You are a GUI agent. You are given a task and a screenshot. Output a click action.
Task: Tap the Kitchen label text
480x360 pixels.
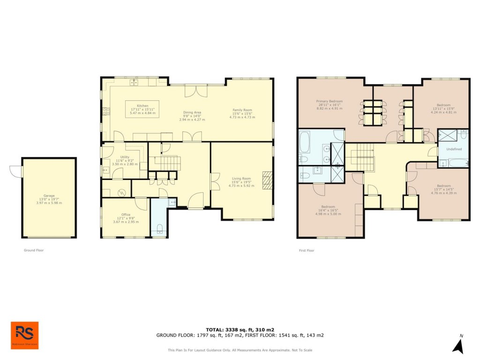coord(142,106)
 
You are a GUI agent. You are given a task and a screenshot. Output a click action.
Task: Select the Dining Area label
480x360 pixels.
coord(192,112)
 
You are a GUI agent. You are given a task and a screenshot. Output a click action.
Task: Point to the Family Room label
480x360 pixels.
coord(242,110)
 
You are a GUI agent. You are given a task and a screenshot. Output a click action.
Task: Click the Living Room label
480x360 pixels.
coord(242,178)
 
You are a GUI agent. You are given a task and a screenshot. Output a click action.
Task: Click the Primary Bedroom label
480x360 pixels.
coord(329,101)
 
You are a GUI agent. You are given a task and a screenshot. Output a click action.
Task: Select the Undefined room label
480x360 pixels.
coord(454,149)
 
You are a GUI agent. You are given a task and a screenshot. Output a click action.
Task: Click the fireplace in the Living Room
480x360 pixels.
coord(267,180)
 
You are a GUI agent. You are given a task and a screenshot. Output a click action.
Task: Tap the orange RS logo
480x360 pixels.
coord(25,335)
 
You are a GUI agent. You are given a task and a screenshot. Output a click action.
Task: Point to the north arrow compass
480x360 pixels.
coord(458,345)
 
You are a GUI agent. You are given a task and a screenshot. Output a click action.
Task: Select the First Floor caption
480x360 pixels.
coord(307,250)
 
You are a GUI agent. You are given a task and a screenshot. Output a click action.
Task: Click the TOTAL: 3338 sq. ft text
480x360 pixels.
coord(240,330)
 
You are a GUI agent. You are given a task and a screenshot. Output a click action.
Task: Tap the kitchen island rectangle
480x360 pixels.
coord(142,109)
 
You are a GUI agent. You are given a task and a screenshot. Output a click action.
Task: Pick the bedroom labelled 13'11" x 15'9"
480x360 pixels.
coord(443,105)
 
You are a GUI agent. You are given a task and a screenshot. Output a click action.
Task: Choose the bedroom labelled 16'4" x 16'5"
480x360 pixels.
coord(328,207)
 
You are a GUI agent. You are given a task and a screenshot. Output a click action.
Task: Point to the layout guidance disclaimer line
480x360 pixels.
coord(240,350)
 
